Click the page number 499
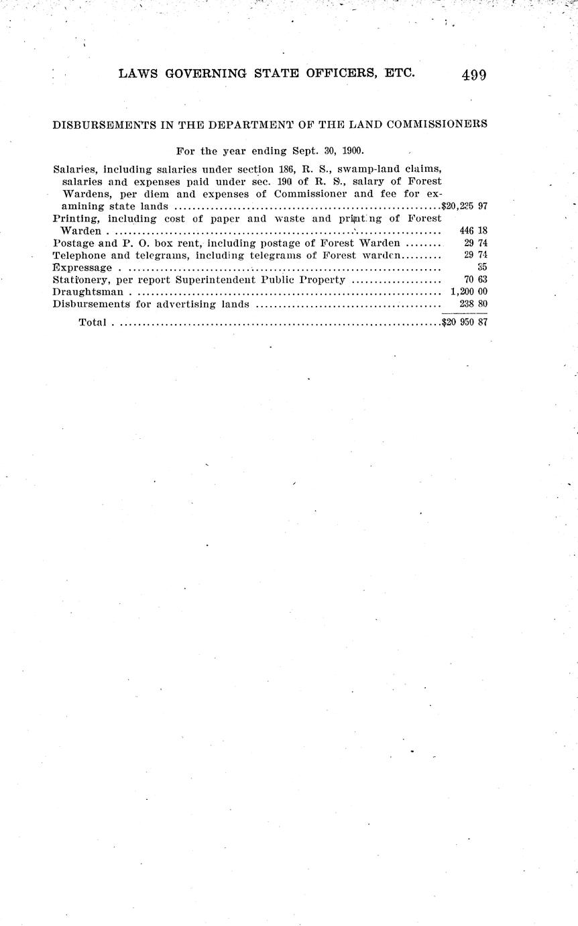[x=473, y=74]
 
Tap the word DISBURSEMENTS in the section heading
[x=103, y=124]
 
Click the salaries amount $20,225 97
[x=464, y=206]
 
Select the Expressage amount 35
[x=481, y=267]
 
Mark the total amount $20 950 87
[x=464, y=322]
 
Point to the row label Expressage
[x=82, y=268]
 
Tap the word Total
[x=93, y=323]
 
